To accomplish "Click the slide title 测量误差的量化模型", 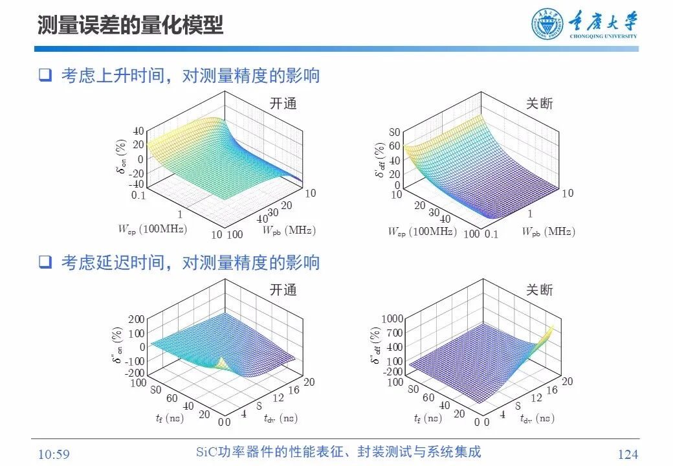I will point(130,25).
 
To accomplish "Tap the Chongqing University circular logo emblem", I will point(547,25).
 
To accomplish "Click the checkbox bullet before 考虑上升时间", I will point(45,76).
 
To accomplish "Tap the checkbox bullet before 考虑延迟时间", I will point(45,262).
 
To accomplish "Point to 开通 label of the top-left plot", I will point(283,104).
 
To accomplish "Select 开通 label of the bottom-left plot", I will point(283,290).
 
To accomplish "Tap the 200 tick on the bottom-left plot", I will point(136,319).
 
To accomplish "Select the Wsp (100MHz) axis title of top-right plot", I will point(421,231).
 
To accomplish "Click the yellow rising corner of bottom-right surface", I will point(549,331).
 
